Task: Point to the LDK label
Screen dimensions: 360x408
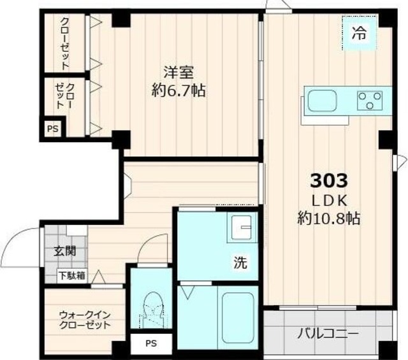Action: click(329, 199)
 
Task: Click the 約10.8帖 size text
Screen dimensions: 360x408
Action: click(329, 219)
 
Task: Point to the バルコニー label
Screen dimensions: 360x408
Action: click(328, 333)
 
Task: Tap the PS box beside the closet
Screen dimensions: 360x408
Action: click(52, 128)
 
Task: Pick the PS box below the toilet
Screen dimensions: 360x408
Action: click(150, 344)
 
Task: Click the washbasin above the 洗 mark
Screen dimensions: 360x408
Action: click(242, 227)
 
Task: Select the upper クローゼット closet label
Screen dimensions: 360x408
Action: click(65, 43)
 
